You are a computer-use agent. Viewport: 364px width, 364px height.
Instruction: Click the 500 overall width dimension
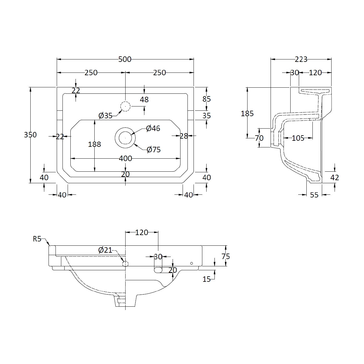125,59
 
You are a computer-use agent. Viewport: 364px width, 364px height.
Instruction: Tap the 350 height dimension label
30,135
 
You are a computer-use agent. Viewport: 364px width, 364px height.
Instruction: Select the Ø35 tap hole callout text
105,116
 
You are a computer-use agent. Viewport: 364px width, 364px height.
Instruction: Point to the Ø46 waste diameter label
153,128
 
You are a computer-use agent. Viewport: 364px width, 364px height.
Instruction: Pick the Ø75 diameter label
153,150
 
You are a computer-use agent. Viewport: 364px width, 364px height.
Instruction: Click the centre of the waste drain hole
125,138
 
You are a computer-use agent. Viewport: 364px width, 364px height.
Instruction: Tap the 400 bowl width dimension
125,158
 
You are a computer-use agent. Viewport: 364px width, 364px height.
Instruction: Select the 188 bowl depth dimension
94,144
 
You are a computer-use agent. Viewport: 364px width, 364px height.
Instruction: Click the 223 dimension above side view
301,59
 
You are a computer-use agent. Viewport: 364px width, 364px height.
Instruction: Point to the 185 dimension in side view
247,113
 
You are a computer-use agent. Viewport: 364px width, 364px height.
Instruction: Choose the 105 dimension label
298,138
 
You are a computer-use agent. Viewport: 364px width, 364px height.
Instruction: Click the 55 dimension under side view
314,195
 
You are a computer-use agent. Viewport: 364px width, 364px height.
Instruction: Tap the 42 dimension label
335,177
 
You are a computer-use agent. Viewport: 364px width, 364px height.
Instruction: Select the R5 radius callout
37,239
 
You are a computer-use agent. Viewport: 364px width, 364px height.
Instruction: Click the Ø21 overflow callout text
105,250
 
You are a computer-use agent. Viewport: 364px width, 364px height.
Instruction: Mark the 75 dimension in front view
226,256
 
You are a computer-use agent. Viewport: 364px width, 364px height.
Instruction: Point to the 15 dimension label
207,279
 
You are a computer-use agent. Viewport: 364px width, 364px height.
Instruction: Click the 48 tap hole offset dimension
144,99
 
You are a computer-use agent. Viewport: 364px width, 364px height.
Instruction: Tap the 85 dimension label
207,99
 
